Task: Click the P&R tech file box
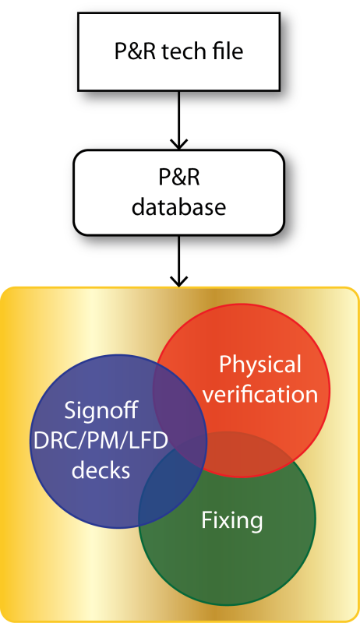(178, 51)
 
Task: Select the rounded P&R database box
(178, 192)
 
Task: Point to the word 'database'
(178, 207)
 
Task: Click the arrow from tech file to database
(178, 121)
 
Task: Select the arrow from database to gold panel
(178, 261)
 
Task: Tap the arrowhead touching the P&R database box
(178, 144)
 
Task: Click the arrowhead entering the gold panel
(178, 281)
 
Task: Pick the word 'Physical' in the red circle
(260, 364)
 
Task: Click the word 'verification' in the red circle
(260, 395)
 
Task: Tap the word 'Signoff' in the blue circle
(101, 410)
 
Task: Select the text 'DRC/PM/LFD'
(101, 440)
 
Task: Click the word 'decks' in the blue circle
(101, 470)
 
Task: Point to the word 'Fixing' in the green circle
(232, 520)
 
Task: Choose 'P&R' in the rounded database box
(178, 178)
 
